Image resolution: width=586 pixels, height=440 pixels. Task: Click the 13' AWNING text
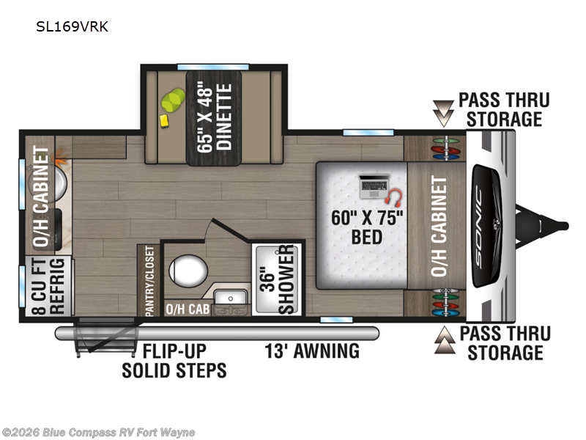click(312, 351)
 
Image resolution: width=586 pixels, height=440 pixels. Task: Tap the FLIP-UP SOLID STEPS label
click(174, 360)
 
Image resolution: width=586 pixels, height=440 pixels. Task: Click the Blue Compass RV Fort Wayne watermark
click(99, 432)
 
